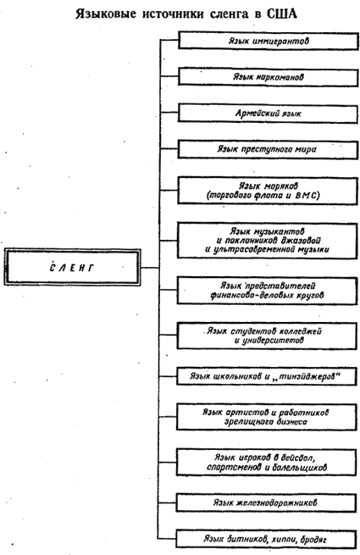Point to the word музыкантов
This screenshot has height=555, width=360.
click(x=280, y=232)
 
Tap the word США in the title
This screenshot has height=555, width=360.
click(x=281, y=14)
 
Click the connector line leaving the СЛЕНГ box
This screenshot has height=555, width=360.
click(x=149, y=267)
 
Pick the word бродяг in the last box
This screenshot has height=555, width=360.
click(x=313, y=540)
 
